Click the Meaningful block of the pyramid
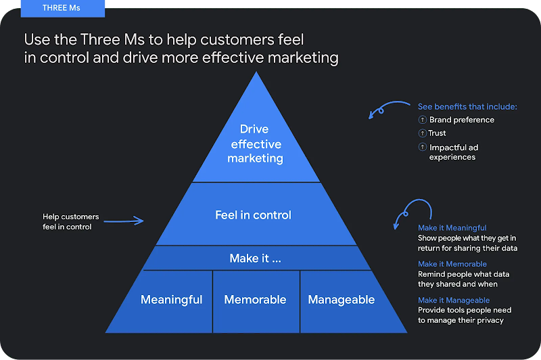coord(171,300)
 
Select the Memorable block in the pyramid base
coord(255,300)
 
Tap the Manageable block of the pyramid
coord(342,300)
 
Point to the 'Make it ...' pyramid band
coord(255,258)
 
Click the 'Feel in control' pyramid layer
coord(253,215)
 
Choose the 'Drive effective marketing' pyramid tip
coord(255,143)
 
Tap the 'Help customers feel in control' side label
coord(70,222)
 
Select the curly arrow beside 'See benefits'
coord(389,108)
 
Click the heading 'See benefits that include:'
coord(467,107)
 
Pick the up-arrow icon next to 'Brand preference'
coord(422,120)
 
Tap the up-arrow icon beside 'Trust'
coord(422,133)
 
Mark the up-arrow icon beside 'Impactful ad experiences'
coord(422,148)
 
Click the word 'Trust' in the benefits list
coord(438,133)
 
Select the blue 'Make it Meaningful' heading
coord(452,228)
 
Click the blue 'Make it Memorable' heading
coord(452,264)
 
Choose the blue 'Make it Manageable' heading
coord(453,300)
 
